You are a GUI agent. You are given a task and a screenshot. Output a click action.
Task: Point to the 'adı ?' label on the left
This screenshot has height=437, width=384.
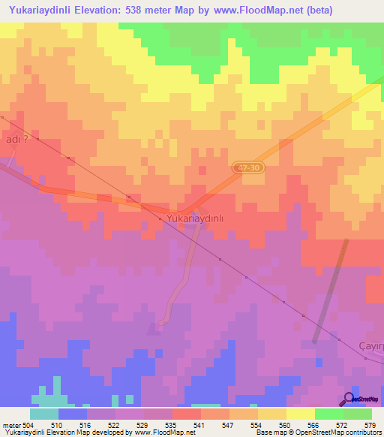(18, 139)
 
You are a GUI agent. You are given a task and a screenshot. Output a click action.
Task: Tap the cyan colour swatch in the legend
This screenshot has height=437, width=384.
(44, 414)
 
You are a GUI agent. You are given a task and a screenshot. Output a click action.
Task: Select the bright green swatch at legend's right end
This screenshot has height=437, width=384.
(357, 414)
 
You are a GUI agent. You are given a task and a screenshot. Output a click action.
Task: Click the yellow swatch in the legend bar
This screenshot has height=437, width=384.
(300, 414)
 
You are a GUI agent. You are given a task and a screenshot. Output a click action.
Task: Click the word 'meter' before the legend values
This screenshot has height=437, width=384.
(11, 424)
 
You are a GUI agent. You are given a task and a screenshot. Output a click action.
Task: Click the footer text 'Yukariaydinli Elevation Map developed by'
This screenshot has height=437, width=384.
(52, 432)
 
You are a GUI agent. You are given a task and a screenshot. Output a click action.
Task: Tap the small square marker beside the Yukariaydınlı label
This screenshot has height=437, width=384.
(160, 218)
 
